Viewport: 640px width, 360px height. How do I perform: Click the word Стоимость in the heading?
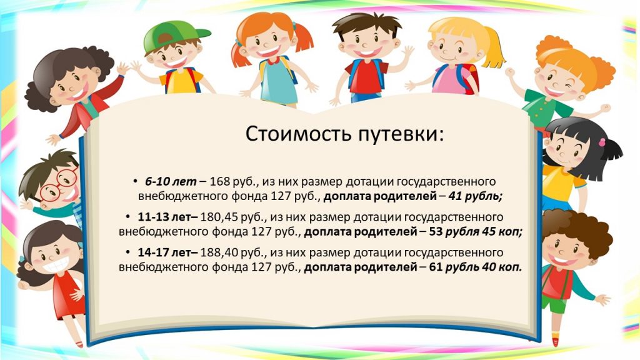298,134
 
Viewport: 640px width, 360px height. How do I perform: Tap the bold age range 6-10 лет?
171,181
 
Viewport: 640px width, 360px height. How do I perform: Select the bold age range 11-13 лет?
167,217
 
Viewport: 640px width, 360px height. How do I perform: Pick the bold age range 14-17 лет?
167,252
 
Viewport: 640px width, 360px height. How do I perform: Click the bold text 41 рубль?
475,196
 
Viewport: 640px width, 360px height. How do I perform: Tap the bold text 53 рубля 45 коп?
476,232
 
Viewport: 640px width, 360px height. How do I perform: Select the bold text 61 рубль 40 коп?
476,267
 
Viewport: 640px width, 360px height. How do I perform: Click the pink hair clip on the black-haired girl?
602,142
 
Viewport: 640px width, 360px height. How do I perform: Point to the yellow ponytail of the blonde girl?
495,47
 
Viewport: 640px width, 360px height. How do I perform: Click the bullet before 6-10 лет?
136,181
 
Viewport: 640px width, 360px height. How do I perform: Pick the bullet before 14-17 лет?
128,252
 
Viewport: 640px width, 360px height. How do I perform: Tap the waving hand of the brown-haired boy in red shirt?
407,52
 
